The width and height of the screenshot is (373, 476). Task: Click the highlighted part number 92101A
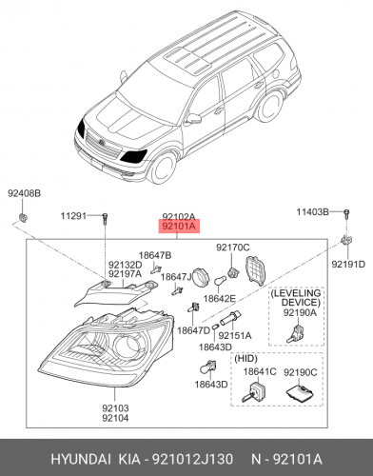tap(179, 227)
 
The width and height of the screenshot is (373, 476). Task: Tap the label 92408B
tap(25, 193)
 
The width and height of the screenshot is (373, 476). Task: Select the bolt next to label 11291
tap(105, 219)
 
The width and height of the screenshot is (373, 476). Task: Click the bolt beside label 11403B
tap(346, 213)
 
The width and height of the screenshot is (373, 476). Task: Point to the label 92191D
tap(348, 264)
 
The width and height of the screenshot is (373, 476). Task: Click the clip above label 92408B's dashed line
tap(24, 217)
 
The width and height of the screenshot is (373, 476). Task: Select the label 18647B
tap(155, 255)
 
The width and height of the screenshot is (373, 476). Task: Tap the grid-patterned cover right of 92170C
tap(256, 270)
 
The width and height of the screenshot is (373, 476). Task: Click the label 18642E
tap(220, 299)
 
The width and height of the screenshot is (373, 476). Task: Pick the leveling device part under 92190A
tap(296, 334)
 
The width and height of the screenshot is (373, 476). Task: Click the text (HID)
tap(245, 359)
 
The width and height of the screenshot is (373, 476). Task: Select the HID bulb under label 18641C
tap(254, 392)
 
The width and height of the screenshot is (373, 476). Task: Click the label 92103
tap(115, 408)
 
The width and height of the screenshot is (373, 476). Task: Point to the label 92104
tap(115, 418)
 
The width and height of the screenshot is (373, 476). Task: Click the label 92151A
tap(235, 335)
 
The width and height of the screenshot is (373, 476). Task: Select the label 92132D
tap(126, 265)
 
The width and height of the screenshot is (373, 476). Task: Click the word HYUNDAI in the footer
tap(81, 459)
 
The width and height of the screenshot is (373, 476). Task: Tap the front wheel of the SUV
tap(163, 169)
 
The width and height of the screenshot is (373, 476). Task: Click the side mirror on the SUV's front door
tap(193, 119)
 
